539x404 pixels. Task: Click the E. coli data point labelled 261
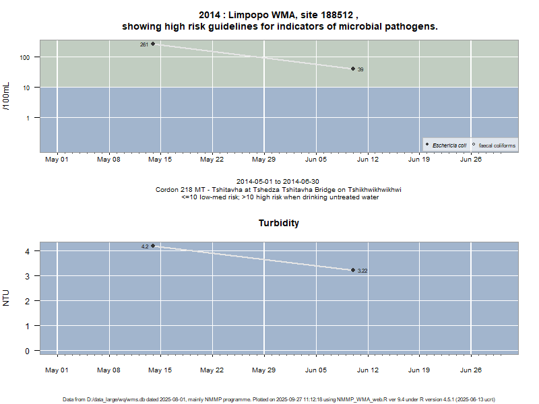point(153,44)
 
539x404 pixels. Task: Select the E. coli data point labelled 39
point(353,69)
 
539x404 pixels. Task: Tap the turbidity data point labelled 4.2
point(153,246)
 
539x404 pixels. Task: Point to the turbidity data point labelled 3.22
point(353,270)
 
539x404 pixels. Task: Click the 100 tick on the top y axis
point(26,57)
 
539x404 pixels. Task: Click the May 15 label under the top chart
point(160,160)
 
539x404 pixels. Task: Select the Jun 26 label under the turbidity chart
point(470,370)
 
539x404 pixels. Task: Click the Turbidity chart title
point(279,223)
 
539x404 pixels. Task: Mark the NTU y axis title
point(7,297)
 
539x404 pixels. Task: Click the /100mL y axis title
point(7,96)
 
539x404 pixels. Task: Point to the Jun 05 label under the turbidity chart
point(315,370)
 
